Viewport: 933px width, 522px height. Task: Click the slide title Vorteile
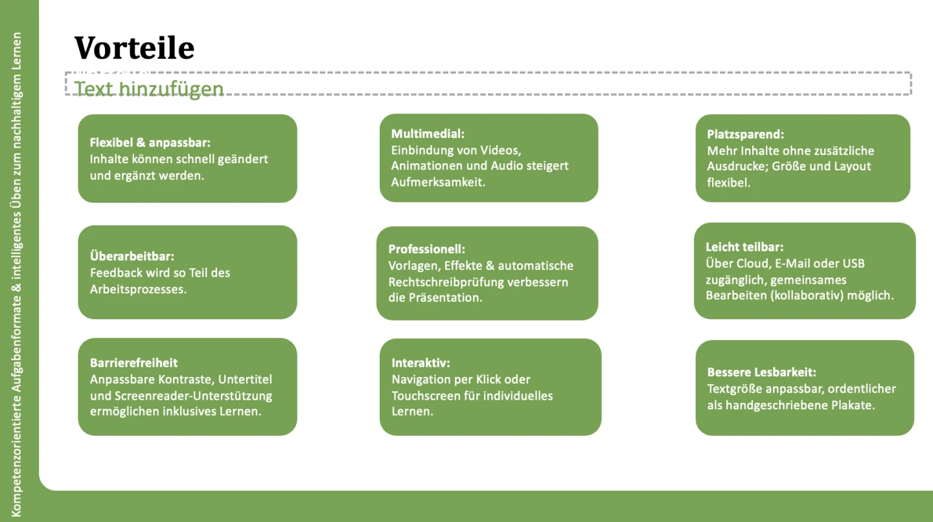click(134, 47)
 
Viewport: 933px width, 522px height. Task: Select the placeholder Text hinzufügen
click(149, 89)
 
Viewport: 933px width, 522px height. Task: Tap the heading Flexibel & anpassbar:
click(150, 142)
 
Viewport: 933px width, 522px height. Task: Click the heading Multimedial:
click(428, 134)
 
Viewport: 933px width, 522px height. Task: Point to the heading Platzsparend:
click(745, 135)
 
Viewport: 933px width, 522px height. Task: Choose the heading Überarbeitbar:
click(132, 256)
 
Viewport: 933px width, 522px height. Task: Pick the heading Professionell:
click(427, 249)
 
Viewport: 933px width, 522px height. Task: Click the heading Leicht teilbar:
click(744, 247)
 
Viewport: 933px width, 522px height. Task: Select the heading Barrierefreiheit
click(133, 363)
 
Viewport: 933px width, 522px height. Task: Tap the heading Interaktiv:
click(420, 363)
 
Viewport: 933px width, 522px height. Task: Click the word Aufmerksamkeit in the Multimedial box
click(438, 182)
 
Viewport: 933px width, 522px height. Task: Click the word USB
click(853, 264)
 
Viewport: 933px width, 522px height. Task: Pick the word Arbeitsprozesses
click(138, 289)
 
